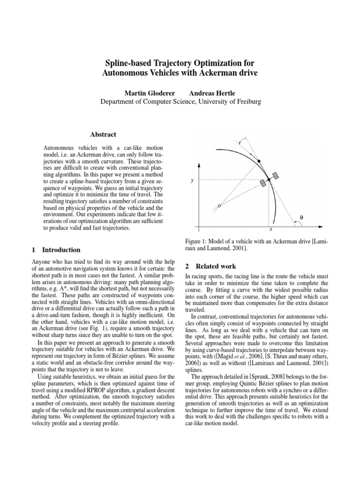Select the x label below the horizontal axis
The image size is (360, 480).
click(x=271, y=230)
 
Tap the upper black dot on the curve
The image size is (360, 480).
click(x=259, y=161)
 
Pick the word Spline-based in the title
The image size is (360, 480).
click(x=129, y=63)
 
